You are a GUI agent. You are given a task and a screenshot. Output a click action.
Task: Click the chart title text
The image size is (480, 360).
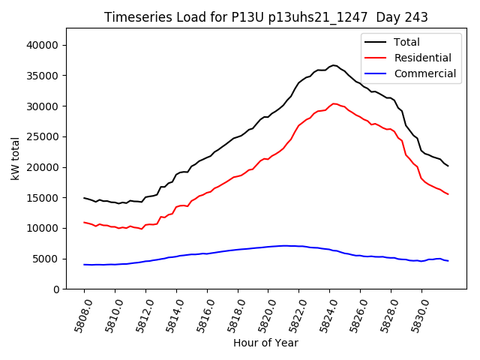pyautogui.click(x=260, y=17)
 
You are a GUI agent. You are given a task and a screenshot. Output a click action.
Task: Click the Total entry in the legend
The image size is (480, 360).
pyautogui.click(x=406, y=42)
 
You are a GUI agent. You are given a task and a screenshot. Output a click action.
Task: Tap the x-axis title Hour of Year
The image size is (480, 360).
pyautogui.click(x=265, y=343)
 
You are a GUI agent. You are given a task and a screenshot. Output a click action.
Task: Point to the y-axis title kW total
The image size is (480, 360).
pyautogui.click(x=16, y=158)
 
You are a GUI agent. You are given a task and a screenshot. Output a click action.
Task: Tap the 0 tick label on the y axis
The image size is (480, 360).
pyautogui.click(x=57, y=289)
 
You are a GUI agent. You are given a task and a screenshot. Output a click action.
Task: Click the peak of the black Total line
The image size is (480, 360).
pyautogui.click(x=334, y=65)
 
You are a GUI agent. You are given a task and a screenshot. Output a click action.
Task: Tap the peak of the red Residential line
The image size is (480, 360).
pyautogui.click(x=334, y=103)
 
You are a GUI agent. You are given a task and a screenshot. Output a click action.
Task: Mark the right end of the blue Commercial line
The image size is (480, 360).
pyautogui.click(x=448, y=261)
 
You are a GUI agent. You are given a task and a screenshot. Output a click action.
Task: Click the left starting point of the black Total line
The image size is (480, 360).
pyautogui.click(x=84, y=198)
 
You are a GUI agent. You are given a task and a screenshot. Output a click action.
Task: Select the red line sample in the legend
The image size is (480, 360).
pyautogui.click(x=374, y=58)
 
